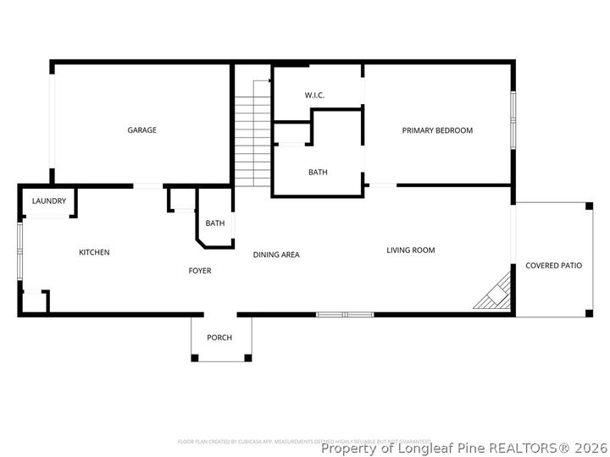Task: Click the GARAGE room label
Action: pos(141,130)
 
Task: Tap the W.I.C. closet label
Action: pos(315,96)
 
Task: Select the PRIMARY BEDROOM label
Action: pos(437,130)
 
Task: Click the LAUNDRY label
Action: pos(48,201)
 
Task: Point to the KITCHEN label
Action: pos(94,252)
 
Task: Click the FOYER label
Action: pos(199,271)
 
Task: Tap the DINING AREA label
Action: pos(276,255)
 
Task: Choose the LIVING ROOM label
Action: pos(411,251)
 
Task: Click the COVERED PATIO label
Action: pos(553,266)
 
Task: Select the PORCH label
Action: pos(219,338)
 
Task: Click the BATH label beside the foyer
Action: pos(215,223)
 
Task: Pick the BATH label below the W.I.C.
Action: pos(318,173)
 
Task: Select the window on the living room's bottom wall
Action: pos(345,315)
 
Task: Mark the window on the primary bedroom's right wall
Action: pos(512,118)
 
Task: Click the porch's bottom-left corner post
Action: pos(195,358)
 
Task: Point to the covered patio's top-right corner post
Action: pos(588,206)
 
